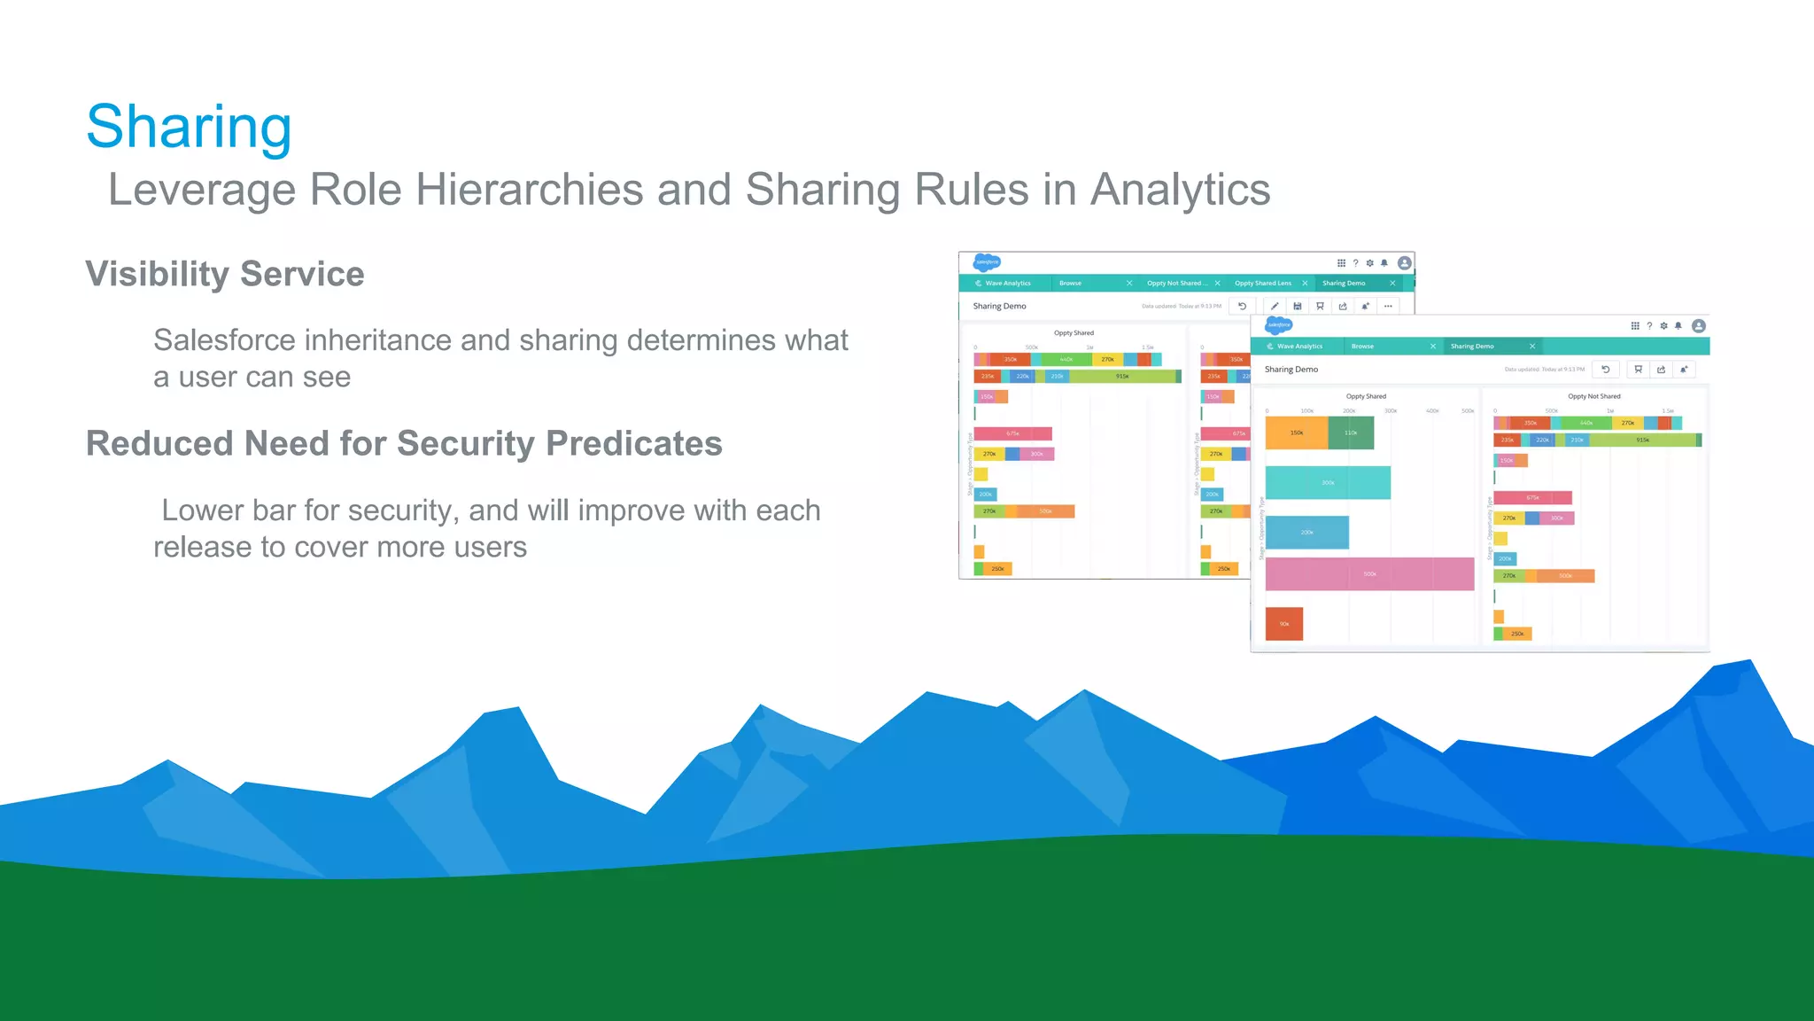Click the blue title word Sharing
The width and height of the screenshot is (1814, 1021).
point(189,127)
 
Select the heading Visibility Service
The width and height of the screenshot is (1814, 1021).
point(224,274)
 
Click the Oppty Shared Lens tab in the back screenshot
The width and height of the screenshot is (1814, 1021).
point(1263,284)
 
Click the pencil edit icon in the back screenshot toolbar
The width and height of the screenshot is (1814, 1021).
point(1275,306)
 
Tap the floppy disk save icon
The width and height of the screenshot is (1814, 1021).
point(1297,306)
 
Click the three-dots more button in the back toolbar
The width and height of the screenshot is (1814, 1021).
point(1388,306)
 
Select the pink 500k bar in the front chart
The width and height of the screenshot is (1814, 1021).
point(1369,573)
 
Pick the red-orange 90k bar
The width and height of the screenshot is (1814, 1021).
point(1283,624)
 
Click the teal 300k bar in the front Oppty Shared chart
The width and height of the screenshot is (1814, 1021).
point(1328,483)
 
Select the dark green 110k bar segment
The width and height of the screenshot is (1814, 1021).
point(1351,433)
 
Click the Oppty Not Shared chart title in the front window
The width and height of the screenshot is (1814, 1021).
point(1593,396)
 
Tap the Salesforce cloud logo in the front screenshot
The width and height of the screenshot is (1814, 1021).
point(1278,325)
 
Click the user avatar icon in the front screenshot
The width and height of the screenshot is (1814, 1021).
point(1698,325)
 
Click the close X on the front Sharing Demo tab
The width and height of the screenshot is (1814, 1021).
point(1532,347)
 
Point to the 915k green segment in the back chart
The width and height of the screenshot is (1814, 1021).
point(1122,377)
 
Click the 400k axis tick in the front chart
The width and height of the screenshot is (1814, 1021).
point(1432,411)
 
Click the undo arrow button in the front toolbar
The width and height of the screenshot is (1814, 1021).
point(1605,370)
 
